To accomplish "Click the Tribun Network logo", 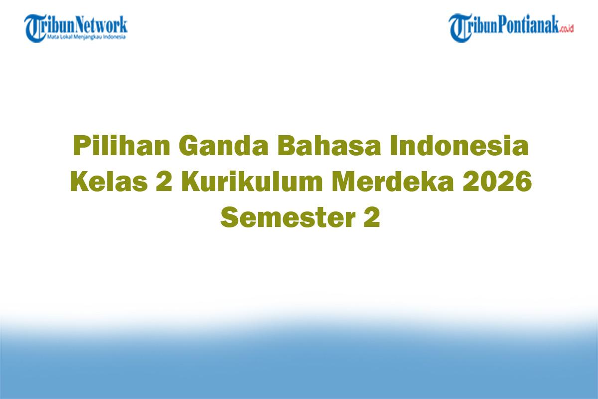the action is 76,28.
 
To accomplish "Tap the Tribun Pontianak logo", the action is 511,28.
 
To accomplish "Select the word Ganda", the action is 223,146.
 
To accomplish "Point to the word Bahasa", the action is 329,146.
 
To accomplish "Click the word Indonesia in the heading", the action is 459,146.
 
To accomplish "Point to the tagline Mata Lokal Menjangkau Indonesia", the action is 86,36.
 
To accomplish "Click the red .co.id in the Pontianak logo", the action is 566,28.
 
